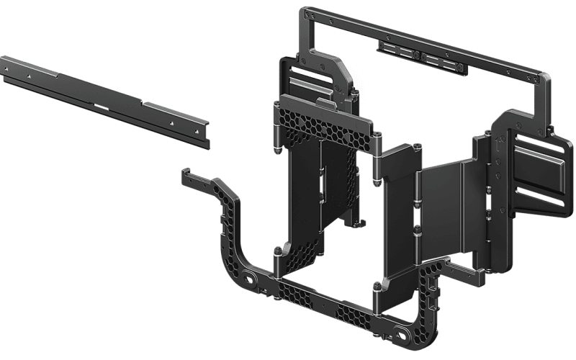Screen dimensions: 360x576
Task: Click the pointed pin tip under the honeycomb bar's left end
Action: (276, 153)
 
